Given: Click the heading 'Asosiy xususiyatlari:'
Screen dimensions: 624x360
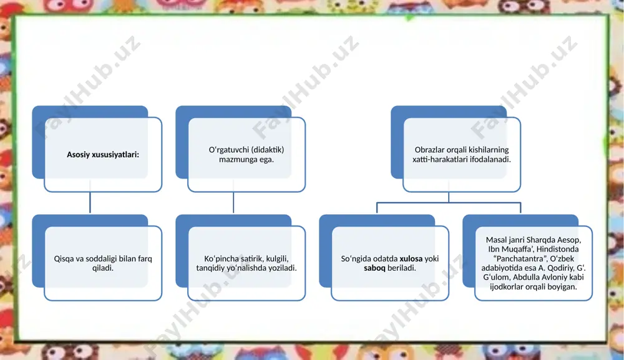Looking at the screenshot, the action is (103, 154).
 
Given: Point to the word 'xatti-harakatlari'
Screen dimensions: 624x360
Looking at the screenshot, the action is (439, 159).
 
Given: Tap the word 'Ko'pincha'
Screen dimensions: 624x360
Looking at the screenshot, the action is (222, 258).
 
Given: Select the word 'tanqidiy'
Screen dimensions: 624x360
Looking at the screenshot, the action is (210, 268).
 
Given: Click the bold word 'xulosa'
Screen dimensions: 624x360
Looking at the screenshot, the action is (411, 258).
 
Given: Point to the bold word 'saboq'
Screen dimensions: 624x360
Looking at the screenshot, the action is (374, 268).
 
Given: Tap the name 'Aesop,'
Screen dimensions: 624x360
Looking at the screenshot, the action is (569, 240).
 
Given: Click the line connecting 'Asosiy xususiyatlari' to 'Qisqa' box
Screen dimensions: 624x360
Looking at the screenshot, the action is (90, 203).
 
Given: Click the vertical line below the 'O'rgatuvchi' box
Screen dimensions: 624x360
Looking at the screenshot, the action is (233, 203).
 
